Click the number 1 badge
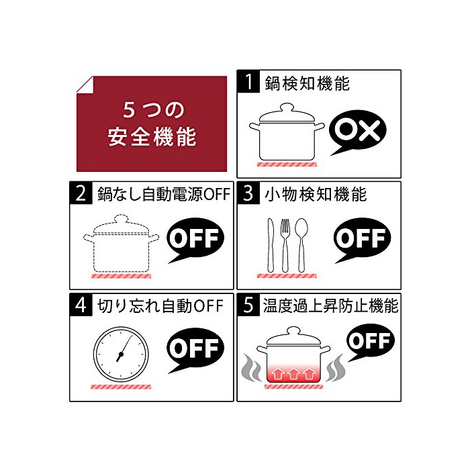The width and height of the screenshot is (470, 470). point(248,81)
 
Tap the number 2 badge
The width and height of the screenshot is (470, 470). point(81,193)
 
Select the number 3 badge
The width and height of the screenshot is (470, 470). point(248,193)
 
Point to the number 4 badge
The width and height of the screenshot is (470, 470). point(81,305)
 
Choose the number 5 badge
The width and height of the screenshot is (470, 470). point(248,305)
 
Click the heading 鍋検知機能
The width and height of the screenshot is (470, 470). point(308,83)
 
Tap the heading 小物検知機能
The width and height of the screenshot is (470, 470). point(316,194)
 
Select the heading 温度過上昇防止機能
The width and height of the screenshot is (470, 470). point(330,305)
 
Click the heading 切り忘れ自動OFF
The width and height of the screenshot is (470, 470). point(160,306)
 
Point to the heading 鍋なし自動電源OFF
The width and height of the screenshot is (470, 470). point(164,194)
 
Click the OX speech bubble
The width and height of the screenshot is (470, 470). point(358,130)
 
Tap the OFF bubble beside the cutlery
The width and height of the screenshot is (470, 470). point(363,238)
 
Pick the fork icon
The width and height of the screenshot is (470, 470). point(285,245)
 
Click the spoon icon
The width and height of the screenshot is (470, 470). point(301,245)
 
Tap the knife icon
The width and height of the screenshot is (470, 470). point(271,245)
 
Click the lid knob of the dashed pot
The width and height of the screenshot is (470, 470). point(121,218)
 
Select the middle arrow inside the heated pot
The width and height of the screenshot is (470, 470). point(294,374)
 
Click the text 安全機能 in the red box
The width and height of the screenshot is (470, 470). point(152,137)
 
